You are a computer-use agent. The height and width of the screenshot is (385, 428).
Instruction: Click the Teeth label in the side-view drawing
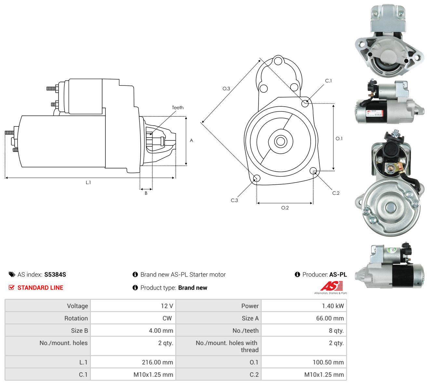178,108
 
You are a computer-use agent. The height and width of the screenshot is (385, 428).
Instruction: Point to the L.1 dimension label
88,182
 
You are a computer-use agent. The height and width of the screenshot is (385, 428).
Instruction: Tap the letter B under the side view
146,193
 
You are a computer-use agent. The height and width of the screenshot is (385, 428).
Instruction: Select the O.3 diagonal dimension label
226,88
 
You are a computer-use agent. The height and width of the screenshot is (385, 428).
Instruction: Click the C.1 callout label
328,81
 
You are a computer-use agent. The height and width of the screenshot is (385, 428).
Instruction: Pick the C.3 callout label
234,200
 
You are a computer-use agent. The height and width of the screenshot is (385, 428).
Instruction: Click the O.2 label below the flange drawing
285,208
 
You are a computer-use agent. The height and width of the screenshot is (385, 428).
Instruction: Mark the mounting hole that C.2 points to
313,170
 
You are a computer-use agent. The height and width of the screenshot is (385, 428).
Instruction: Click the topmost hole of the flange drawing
278,60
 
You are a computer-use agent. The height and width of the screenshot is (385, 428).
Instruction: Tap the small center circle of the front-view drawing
280,141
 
